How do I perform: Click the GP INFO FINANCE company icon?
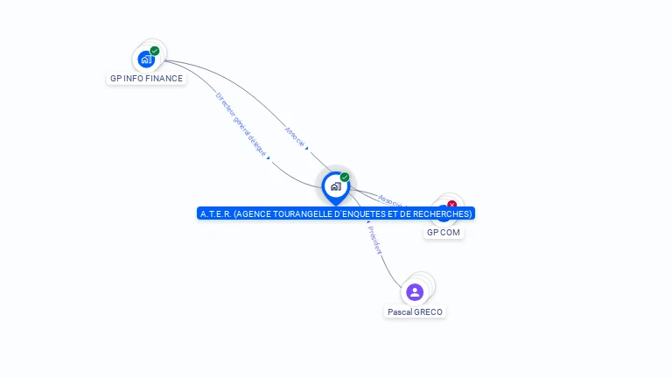point(146,59)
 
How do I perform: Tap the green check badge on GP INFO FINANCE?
point(155,51)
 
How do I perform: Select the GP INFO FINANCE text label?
point(146,79)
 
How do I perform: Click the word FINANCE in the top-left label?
point(165,79)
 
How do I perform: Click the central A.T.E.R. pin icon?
point(335,186)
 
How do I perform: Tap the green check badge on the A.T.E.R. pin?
point(345,178)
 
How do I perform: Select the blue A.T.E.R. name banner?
point(336,213)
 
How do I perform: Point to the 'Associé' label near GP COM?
point(393,200)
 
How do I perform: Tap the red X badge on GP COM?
point(451,205)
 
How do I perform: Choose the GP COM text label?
point(444,233)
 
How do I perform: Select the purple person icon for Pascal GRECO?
point(415,291)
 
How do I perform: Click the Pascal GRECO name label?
point(415,312)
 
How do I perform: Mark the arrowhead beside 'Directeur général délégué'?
point(268,158)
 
